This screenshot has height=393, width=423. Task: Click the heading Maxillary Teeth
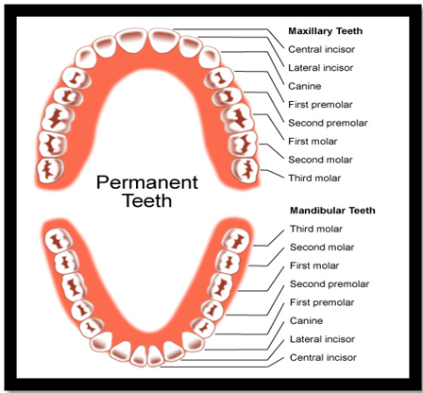point(326,31)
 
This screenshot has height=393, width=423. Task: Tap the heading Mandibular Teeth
point(332,211)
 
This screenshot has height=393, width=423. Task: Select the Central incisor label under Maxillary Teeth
point(321,49)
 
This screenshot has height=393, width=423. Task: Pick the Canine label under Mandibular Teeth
point(306,321)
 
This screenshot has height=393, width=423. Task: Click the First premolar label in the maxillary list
point(320,105)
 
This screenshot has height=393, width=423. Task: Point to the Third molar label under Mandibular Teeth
point(316,229)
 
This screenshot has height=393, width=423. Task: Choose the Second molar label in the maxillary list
point(320,160)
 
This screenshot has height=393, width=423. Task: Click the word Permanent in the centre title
point(147,182)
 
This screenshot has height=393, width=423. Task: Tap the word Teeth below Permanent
point(147,200)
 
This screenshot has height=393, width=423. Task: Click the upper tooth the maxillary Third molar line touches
point(245,170)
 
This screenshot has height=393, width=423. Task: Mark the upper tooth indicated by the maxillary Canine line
point(209,57)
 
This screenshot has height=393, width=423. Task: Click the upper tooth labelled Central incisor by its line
point(163,41)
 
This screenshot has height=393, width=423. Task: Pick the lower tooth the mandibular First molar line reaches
point(221,287)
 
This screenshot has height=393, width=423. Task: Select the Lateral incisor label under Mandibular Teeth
point(322,339)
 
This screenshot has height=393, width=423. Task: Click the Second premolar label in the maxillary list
point(328,123)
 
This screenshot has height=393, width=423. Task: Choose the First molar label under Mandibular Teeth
point(314,265)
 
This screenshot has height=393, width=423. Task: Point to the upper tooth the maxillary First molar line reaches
point(238,118)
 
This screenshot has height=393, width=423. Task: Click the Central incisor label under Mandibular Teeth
point(323,358)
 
